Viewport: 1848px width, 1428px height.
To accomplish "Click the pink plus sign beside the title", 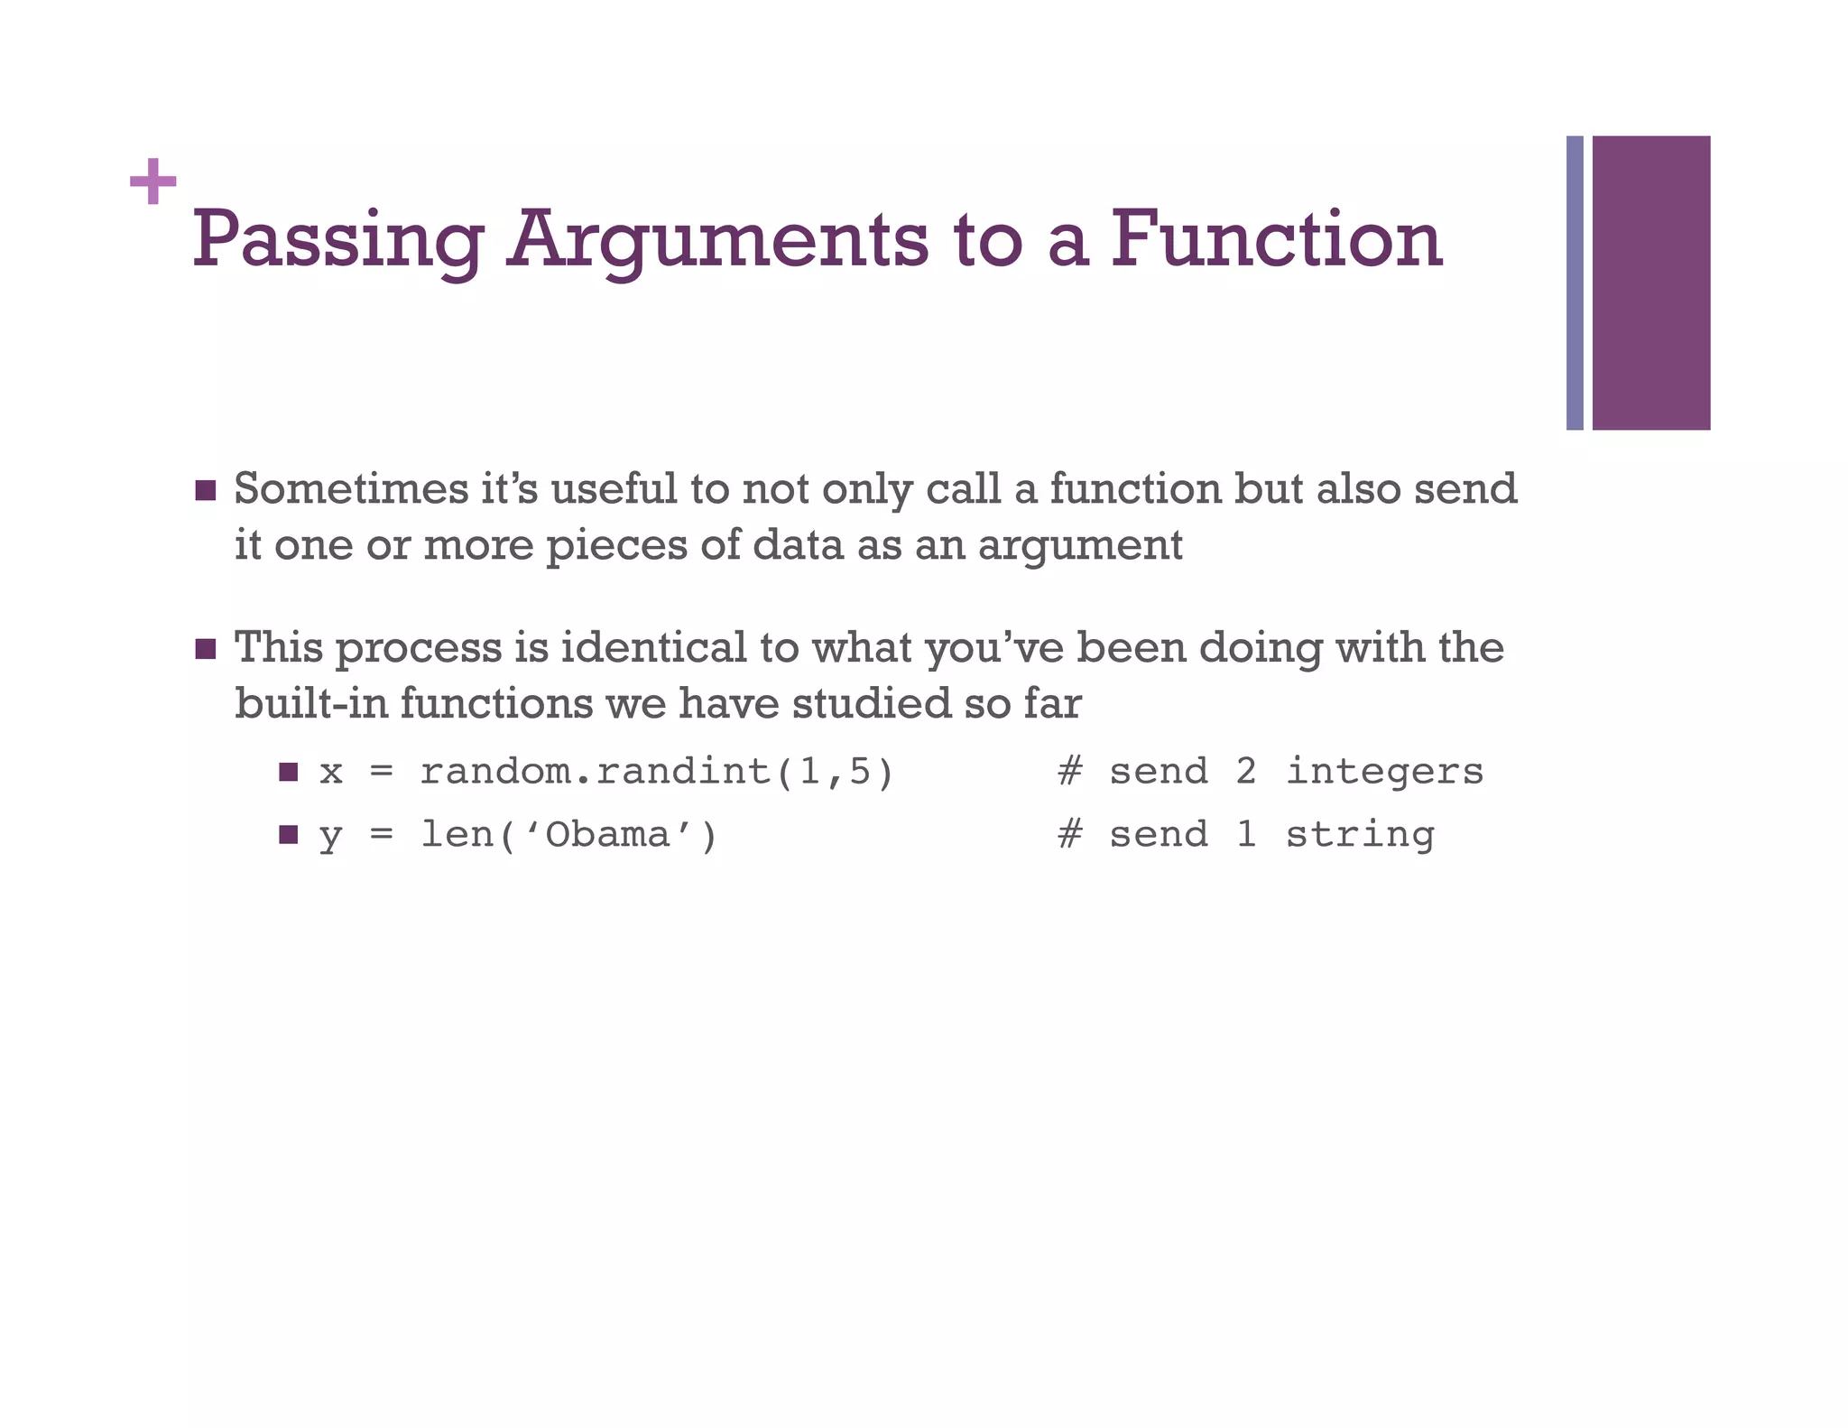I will point(152,181).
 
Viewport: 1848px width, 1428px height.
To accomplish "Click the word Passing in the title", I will point(337,240).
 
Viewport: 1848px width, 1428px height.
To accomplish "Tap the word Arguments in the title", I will point(716,240).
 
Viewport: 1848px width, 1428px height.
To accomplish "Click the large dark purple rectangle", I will point(1650,283).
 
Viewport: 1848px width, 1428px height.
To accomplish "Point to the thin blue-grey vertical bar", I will point(1575,283).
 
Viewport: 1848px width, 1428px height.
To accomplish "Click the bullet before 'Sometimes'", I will point(206,491).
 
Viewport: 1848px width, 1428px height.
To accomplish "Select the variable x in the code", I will point(331,773).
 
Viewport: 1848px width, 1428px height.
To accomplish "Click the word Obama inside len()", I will point(607,835).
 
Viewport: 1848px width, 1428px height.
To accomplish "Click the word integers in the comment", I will point(1384,773).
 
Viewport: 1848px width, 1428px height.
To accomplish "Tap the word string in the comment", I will point(1359,835).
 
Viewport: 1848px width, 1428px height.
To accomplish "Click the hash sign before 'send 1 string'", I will point(1070,834).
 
